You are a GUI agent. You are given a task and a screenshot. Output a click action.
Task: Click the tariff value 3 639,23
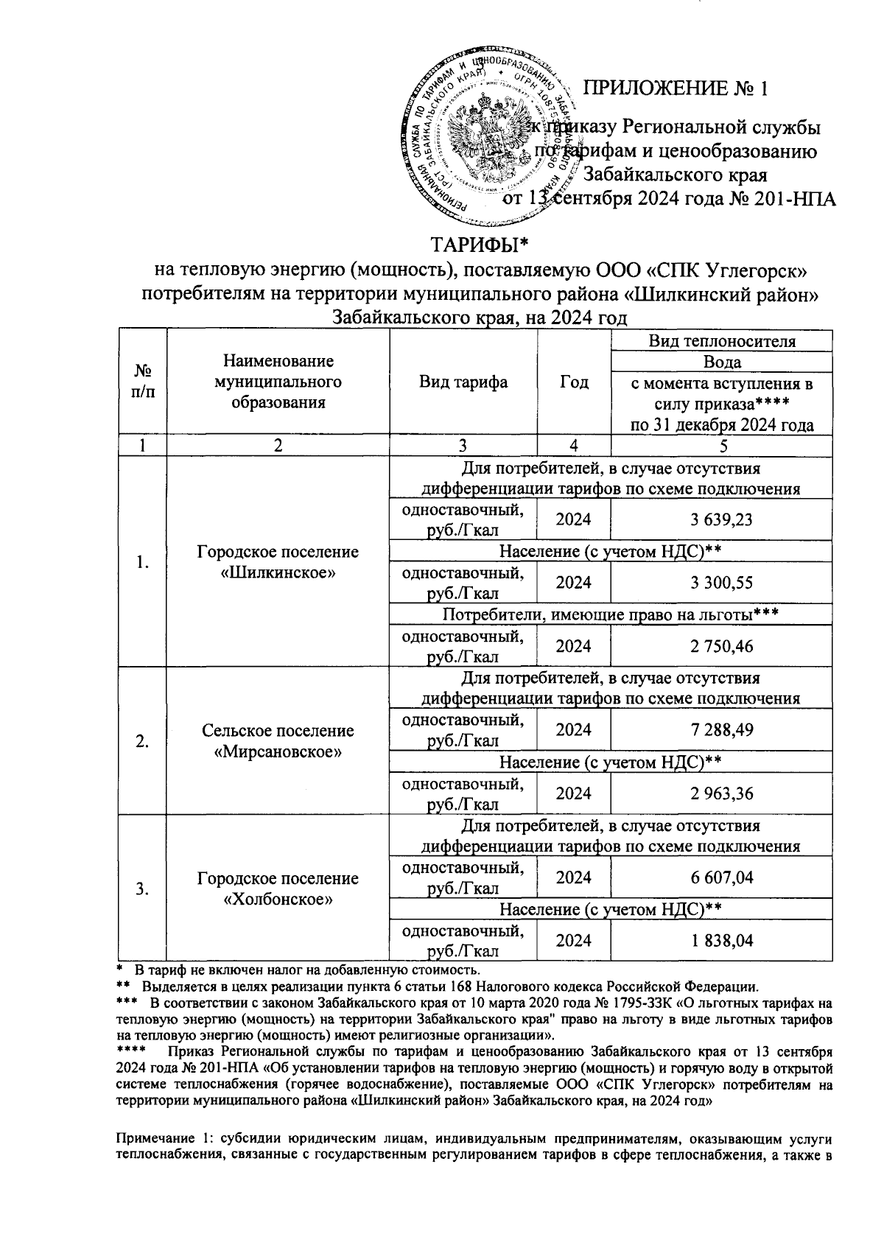click(721, 519)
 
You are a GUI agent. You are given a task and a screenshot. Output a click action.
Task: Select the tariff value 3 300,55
click(721, 583)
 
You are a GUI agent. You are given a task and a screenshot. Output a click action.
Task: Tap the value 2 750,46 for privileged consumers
click(721, 646)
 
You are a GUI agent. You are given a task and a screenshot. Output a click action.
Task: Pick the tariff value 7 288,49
click(721, 729)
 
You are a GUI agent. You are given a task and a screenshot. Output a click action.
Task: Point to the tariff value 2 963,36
click(721, 793)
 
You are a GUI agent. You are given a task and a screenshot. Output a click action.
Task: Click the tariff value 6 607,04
click(721, 877)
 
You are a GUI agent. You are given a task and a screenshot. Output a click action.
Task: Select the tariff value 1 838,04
click(721, 940)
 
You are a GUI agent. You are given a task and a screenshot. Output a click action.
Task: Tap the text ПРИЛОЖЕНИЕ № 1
click(676, 89)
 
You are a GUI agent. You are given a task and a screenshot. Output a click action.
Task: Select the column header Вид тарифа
click(463, 382)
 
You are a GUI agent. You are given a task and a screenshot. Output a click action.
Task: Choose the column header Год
click(574, 382)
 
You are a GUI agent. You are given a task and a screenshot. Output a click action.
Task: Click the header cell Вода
click(721, 362)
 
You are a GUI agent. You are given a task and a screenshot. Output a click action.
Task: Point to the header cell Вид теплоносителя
click(721, 341)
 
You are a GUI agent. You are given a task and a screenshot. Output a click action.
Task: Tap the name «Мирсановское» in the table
click(278, 752)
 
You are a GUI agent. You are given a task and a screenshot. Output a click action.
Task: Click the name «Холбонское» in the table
click(278, 900)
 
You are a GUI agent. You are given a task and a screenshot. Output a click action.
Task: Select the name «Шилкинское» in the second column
click(278, 573)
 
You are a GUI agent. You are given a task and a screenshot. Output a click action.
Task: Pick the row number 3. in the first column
click(143, 888)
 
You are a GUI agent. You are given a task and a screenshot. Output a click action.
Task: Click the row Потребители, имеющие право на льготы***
click(611, 614)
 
